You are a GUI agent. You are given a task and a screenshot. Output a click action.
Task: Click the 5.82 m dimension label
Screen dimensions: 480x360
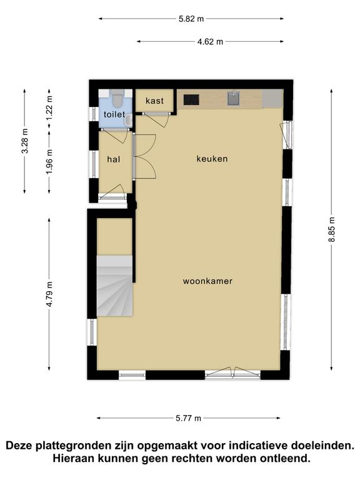(191, 19)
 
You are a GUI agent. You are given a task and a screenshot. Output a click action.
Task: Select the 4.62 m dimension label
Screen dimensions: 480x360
(210, 42)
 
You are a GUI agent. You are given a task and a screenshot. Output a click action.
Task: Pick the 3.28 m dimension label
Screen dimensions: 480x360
(25, 141)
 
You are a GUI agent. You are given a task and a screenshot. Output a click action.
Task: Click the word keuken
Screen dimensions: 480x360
(212, 159)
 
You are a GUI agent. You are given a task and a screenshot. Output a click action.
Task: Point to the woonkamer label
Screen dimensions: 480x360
(207, 281)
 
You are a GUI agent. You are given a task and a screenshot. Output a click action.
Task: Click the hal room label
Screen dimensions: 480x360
(113, 159)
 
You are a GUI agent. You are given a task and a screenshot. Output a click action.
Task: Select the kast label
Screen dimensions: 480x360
(154, 101)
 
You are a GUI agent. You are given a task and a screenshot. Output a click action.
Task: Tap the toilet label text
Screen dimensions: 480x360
(114, 114)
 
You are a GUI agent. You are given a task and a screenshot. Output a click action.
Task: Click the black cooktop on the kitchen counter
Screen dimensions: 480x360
(191, 99)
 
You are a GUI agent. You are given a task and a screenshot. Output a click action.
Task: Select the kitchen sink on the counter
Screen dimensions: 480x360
(234, 99)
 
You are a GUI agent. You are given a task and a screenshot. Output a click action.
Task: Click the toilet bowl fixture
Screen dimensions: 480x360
(117, 97)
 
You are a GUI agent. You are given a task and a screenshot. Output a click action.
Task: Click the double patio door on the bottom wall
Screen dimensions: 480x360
(232, 374)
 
